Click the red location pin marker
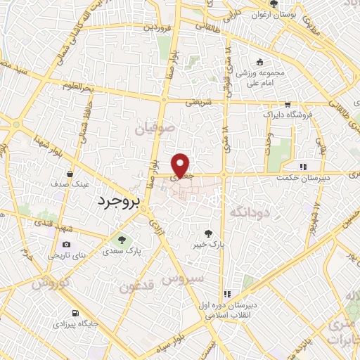click(x=181, y=165)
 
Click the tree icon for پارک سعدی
click(x=122, y=239)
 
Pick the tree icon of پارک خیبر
click(x=208, y=233)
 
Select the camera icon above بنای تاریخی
click(x=67, y=244)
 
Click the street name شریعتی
click(x=198, y=103)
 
